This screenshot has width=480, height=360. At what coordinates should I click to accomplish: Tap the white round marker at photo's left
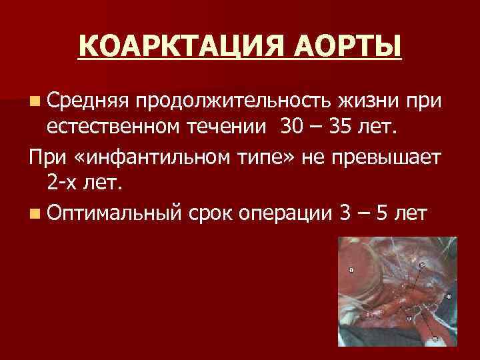pos(352,269)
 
